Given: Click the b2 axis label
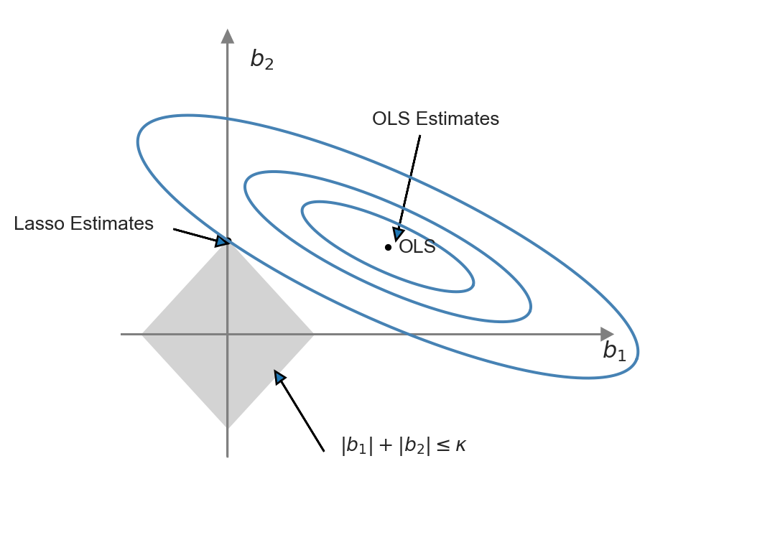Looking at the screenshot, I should [261, 60].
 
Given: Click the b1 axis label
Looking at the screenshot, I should [614, 351].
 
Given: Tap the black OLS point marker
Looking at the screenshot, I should [388, 247].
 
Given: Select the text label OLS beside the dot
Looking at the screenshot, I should [417, 247].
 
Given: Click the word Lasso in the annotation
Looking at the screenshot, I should [40, 224].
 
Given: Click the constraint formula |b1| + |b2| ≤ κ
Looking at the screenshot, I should [404, 446].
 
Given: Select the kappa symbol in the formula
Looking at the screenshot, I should [460, 446].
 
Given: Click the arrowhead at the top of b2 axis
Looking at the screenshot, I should [228, 36].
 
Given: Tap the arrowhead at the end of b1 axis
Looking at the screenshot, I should [608, 334].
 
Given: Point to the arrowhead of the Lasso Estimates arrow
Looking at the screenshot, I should [223, 241].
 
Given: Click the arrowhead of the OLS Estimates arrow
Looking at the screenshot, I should [397, 234].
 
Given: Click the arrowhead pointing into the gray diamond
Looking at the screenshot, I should [279, 376].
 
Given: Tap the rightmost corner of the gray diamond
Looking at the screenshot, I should [312, 334].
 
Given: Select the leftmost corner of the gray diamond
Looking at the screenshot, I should [143, 334].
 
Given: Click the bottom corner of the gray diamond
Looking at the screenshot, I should [228, 427].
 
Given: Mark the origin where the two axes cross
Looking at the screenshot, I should [228, 334].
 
